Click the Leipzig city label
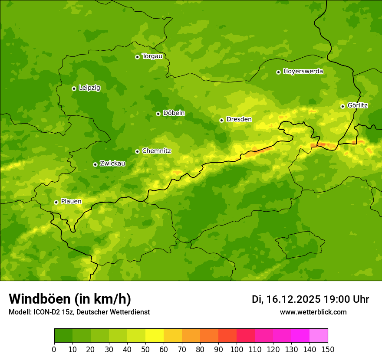point(89,88)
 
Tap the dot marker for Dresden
point(221,120)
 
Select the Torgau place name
point(152,56)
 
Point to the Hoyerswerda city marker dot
point(278,72)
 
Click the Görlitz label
point(357,105)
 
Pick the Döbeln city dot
point(158,114)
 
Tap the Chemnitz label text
point(156,151)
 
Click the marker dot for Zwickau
point(95,164)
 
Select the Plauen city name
point(71,202)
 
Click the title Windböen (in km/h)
point(70,299)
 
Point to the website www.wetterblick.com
point(313,312)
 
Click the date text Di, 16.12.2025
point(286,299)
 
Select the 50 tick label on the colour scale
point(145,350)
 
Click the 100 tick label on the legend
point(237,350)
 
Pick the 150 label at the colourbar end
point(328,350)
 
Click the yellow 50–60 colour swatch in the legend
point(155,336)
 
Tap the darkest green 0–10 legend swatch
point(63,336)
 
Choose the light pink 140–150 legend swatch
point(319,336)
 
